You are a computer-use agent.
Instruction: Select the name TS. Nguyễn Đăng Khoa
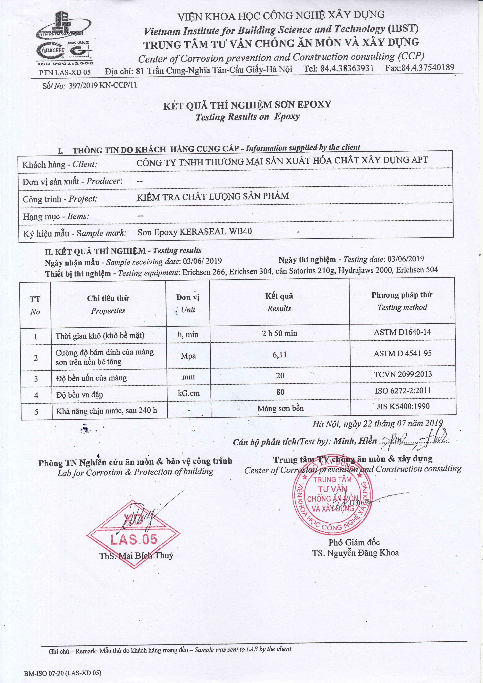355,553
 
